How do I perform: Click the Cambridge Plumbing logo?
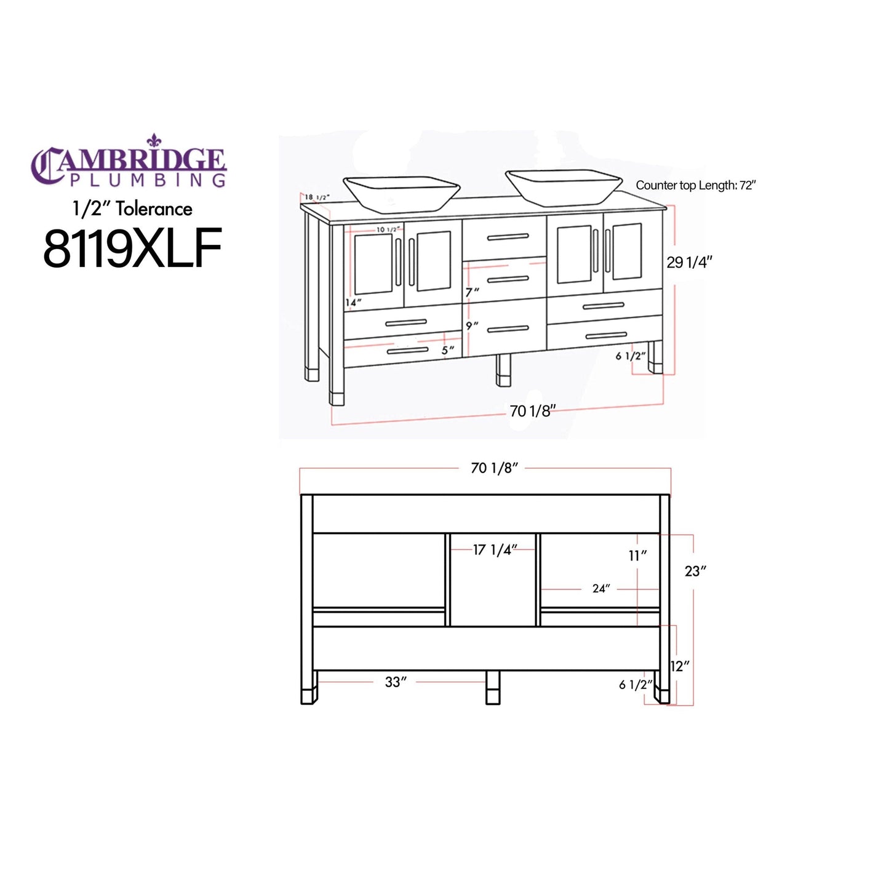[129, 161]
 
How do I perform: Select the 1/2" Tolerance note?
[132, 209]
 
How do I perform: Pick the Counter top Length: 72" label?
[695, 185]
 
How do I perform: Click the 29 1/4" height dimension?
[689, 262]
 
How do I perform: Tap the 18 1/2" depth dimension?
[317, 197]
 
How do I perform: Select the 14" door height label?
[353, 302]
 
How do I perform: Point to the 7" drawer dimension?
[472, 292]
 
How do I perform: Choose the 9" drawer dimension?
[472, 325]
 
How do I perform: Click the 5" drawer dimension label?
[448, 350]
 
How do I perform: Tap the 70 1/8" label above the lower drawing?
[494, 468]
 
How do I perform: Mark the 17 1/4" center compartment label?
[495, 549]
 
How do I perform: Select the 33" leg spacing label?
[396, 682]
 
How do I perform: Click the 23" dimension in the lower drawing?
[695, 571]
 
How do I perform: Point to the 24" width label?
[600, 589]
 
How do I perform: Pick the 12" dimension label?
[680, 666]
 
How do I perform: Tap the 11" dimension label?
[637, 556]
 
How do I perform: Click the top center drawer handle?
[508, 237]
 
